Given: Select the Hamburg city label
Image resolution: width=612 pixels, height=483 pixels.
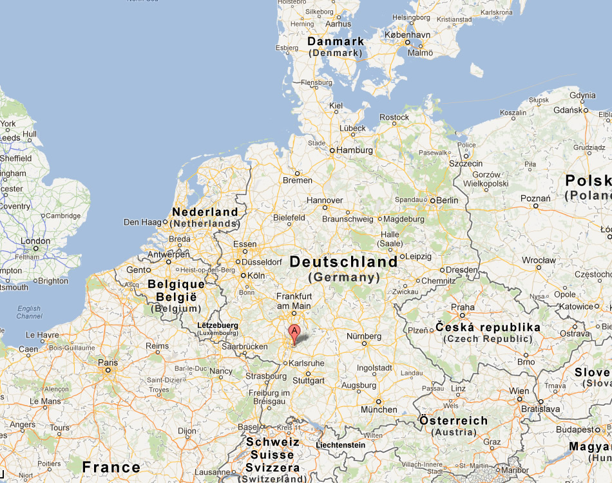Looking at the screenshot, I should pyautogui.click(x=354, y=151).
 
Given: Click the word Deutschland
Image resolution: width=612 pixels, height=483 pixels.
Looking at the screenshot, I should pyautogui.click(x=344, y=262).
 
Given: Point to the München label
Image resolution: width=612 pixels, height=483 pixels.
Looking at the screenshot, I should pyautogui.click(x=379, y=410).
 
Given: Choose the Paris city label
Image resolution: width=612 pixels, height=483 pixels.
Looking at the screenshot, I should pyautogui.click(x=108, y=363).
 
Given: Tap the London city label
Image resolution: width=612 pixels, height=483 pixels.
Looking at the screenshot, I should pyautogui.click(x=35, y=241).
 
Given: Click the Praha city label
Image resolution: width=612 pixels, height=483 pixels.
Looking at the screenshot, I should pyautogui.click(x=463, y=307).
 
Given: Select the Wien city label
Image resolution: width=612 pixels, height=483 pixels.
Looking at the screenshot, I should pyautogui.click(x=519, y=391).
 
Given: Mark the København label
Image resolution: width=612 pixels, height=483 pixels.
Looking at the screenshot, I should pyautogui.click(x=407, y=35).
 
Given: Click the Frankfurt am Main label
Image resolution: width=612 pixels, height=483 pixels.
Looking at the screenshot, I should pyautogui.click(x=293, y=301).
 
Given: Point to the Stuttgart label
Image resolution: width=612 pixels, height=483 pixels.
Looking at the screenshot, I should pyautogui.click(x=309, y=381).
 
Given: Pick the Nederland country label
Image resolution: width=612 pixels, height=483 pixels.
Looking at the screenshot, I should pyautogui.click(x=205, y=212).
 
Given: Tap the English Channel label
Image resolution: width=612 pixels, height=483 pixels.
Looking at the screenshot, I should pyautogui.click(x=29, y=312).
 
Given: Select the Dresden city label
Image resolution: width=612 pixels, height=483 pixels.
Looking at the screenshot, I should pyautogui.click(x=461, y=270).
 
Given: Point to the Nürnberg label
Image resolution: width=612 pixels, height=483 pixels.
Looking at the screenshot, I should pyautogui.click(x=364, y=336).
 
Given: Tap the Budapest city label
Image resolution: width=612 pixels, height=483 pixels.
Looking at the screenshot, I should pyautogui.click(x=575, y=430).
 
